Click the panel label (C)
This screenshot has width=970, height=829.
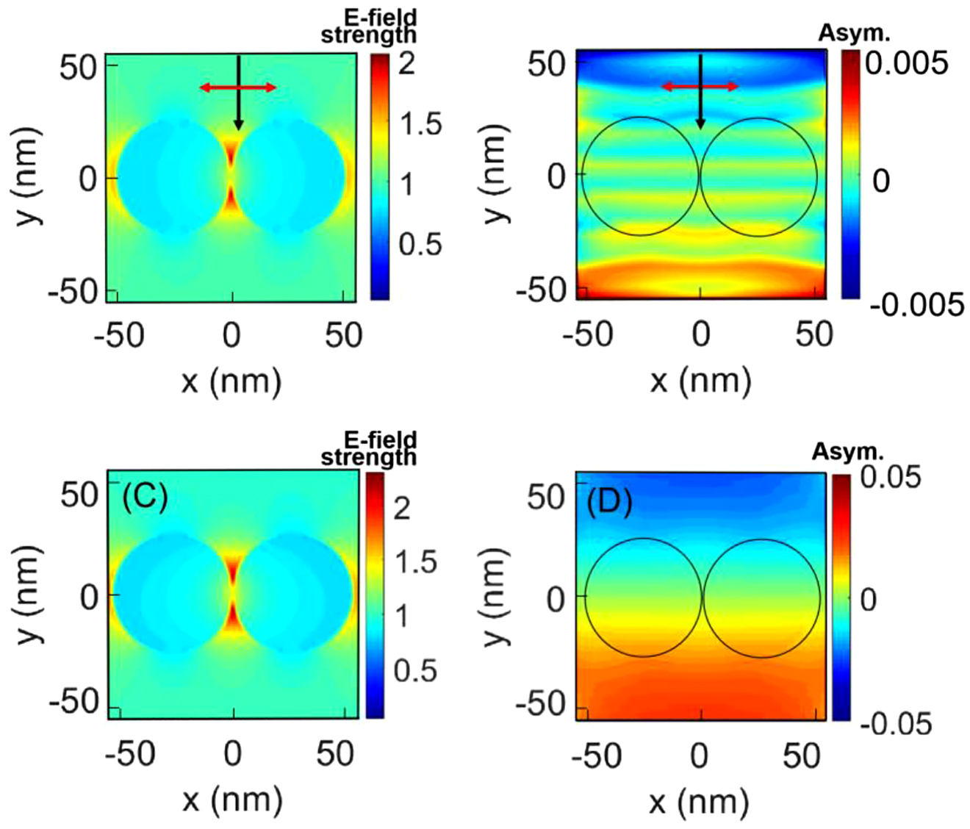(145, 498)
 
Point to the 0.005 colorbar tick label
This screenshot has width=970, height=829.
(906, 64)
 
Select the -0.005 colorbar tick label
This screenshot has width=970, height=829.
(916, 304)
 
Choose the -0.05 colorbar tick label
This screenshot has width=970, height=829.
(895, 725)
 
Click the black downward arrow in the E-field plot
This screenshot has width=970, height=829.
(238, 93)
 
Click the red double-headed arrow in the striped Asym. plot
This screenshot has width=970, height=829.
(700, 87)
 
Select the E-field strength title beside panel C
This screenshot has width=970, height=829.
(369, 448)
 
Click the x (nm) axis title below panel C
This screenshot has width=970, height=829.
(231, 799)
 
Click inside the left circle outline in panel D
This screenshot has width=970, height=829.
(644, 597)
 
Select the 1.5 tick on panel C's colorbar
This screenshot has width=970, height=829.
(415, 562)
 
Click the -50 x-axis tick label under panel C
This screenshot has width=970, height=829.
(130, 754)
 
